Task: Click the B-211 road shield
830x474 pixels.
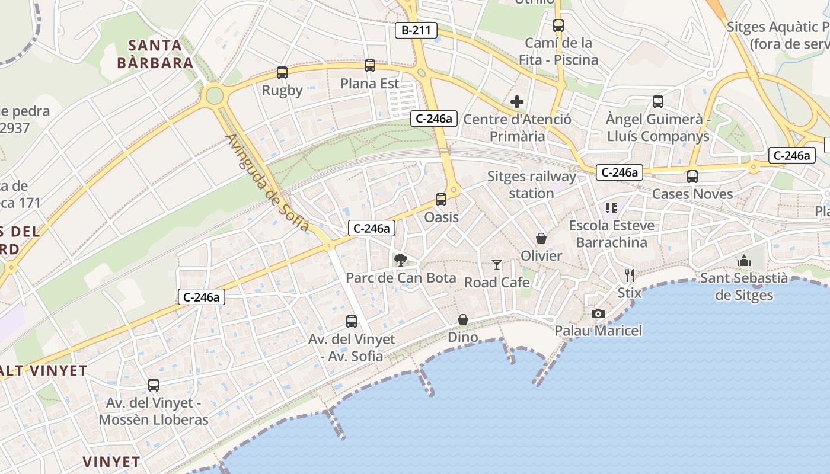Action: point(416,30)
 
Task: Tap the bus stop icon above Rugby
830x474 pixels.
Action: point(282,73)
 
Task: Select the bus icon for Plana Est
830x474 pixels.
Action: point(370,66)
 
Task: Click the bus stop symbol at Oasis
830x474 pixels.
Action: point(441,200)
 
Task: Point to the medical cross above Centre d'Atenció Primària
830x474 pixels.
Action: point(517,102)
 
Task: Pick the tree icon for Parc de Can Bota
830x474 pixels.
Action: point(401,260)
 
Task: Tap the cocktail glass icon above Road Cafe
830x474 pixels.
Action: point(497,265)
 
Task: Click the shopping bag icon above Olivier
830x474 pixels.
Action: point(541,238)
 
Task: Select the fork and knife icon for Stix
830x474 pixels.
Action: point(630,275)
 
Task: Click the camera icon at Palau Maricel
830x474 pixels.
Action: point(598,313)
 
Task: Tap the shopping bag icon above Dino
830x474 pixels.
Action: point(463,320)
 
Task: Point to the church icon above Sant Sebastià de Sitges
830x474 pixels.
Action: point(744,261)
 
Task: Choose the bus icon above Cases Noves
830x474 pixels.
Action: point(692,177)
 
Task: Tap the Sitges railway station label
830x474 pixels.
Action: point(531,184)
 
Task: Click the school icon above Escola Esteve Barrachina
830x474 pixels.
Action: point(611,208)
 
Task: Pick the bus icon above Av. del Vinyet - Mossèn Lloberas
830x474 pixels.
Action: point(154,385)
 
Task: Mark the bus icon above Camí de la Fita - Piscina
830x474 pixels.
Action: point(558,25)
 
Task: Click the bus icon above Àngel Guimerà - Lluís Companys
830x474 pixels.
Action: point(658,102)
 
